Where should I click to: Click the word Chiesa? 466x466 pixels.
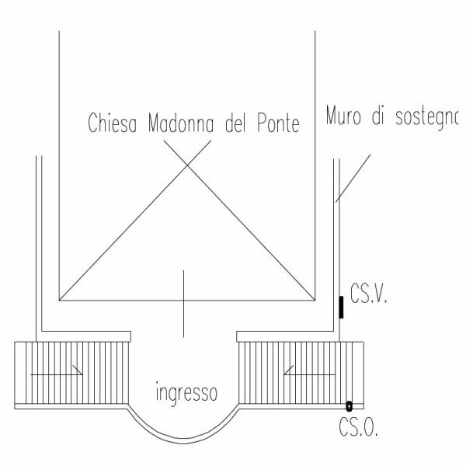click(x=113, y=123)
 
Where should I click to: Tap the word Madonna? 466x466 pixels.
click(x=181, y=123)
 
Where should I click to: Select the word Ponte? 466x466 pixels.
click(x=279, y=123)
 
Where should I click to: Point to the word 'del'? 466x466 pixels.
click(x=235, y=123)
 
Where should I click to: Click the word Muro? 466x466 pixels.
click(x=343, y=115)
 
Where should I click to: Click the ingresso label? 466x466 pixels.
click(x=186, y=393)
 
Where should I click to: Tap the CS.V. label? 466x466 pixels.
click(x=369, y=294)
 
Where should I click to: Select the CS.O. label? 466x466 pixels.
click(x=358, y=426)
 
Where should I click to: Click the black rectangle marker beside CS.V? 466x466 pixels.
click(x=341, y=307)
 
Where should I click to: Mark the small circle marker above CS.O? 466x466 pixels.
click(x=349, y=406)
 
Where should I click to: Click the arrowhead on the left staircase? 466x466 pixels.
click(x=78, y=370)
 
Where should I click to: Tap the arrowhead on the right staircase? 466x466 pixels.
click(x=288, y=370)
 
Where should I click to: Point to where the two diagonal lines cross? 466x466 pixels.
click(x=187, y=163)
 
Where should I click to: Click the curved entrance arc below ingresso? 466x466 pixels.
click(x=183, y=440)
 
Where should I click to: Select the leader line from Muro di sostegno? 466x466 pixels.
click(x=353, y=179)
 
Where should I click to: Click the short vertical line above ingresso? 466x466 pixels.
click(x=183, y=304)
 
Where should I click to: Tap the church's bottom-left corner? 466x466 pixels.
click(x=59, y=300)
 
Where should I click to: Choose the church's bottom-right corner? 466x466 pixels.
click(x=315, y=300)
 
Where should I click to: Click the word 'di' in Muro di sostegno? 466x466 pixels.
click(x=377, y=115)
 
